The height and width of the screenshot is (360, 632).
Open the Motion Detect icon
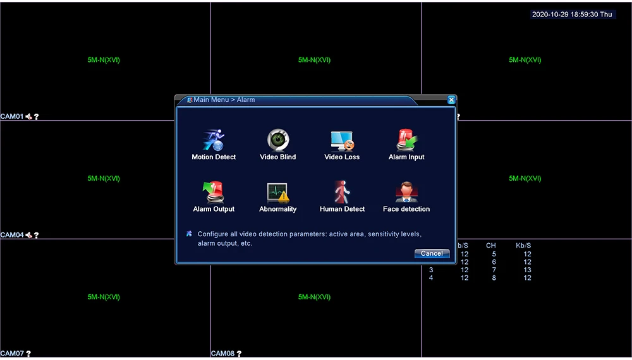pyautogui.click(x=214, y=140)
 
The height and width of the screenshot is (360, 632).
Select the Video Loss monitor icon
pyautogui.click(x=342, y=140)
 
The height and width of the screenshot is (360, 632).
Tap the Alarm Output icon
pyautogui.click(x=214, y=192)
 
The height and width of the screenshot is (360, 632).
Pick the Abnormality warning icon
pyautogui.click(x=278, y=192)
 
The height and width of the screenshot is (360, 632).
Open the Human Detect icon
pyautogui.click(x=342, y=192)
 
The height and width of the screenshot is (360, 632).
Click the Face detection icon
pyautogui.click(x=406, y=192)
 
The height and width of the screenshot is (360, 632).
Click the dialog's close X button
pyautogui.click(x=451, y=100)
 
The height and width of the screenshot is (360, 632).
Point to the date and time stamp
pyautogui.click(x=573, y=14)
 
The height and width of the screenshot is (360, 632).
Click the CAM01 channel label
pyautogui.click(x=12, y=117)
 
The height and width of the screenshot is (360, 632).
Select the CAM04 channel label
pyautogui.click(x=12, y=235)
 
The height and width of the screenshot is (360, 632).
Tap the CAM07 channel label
pyautogui.click(x=12, y=354)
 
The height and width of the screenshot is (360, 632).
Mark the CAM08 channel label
pyautogui.click(x=222, y=354)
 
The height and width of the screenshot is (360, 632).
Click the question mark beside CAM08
pyautogui.click(x=240, y=354)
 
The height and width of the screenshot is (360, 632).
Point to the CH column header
pyautogui.click(x=491, y=245)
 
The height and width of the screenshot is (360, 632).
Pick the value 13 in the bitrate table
pyautogui.click(x=527, y=270)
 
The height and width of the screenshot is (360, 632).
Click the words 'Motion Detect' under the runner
pyautogui.click(x=214, y=157)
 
